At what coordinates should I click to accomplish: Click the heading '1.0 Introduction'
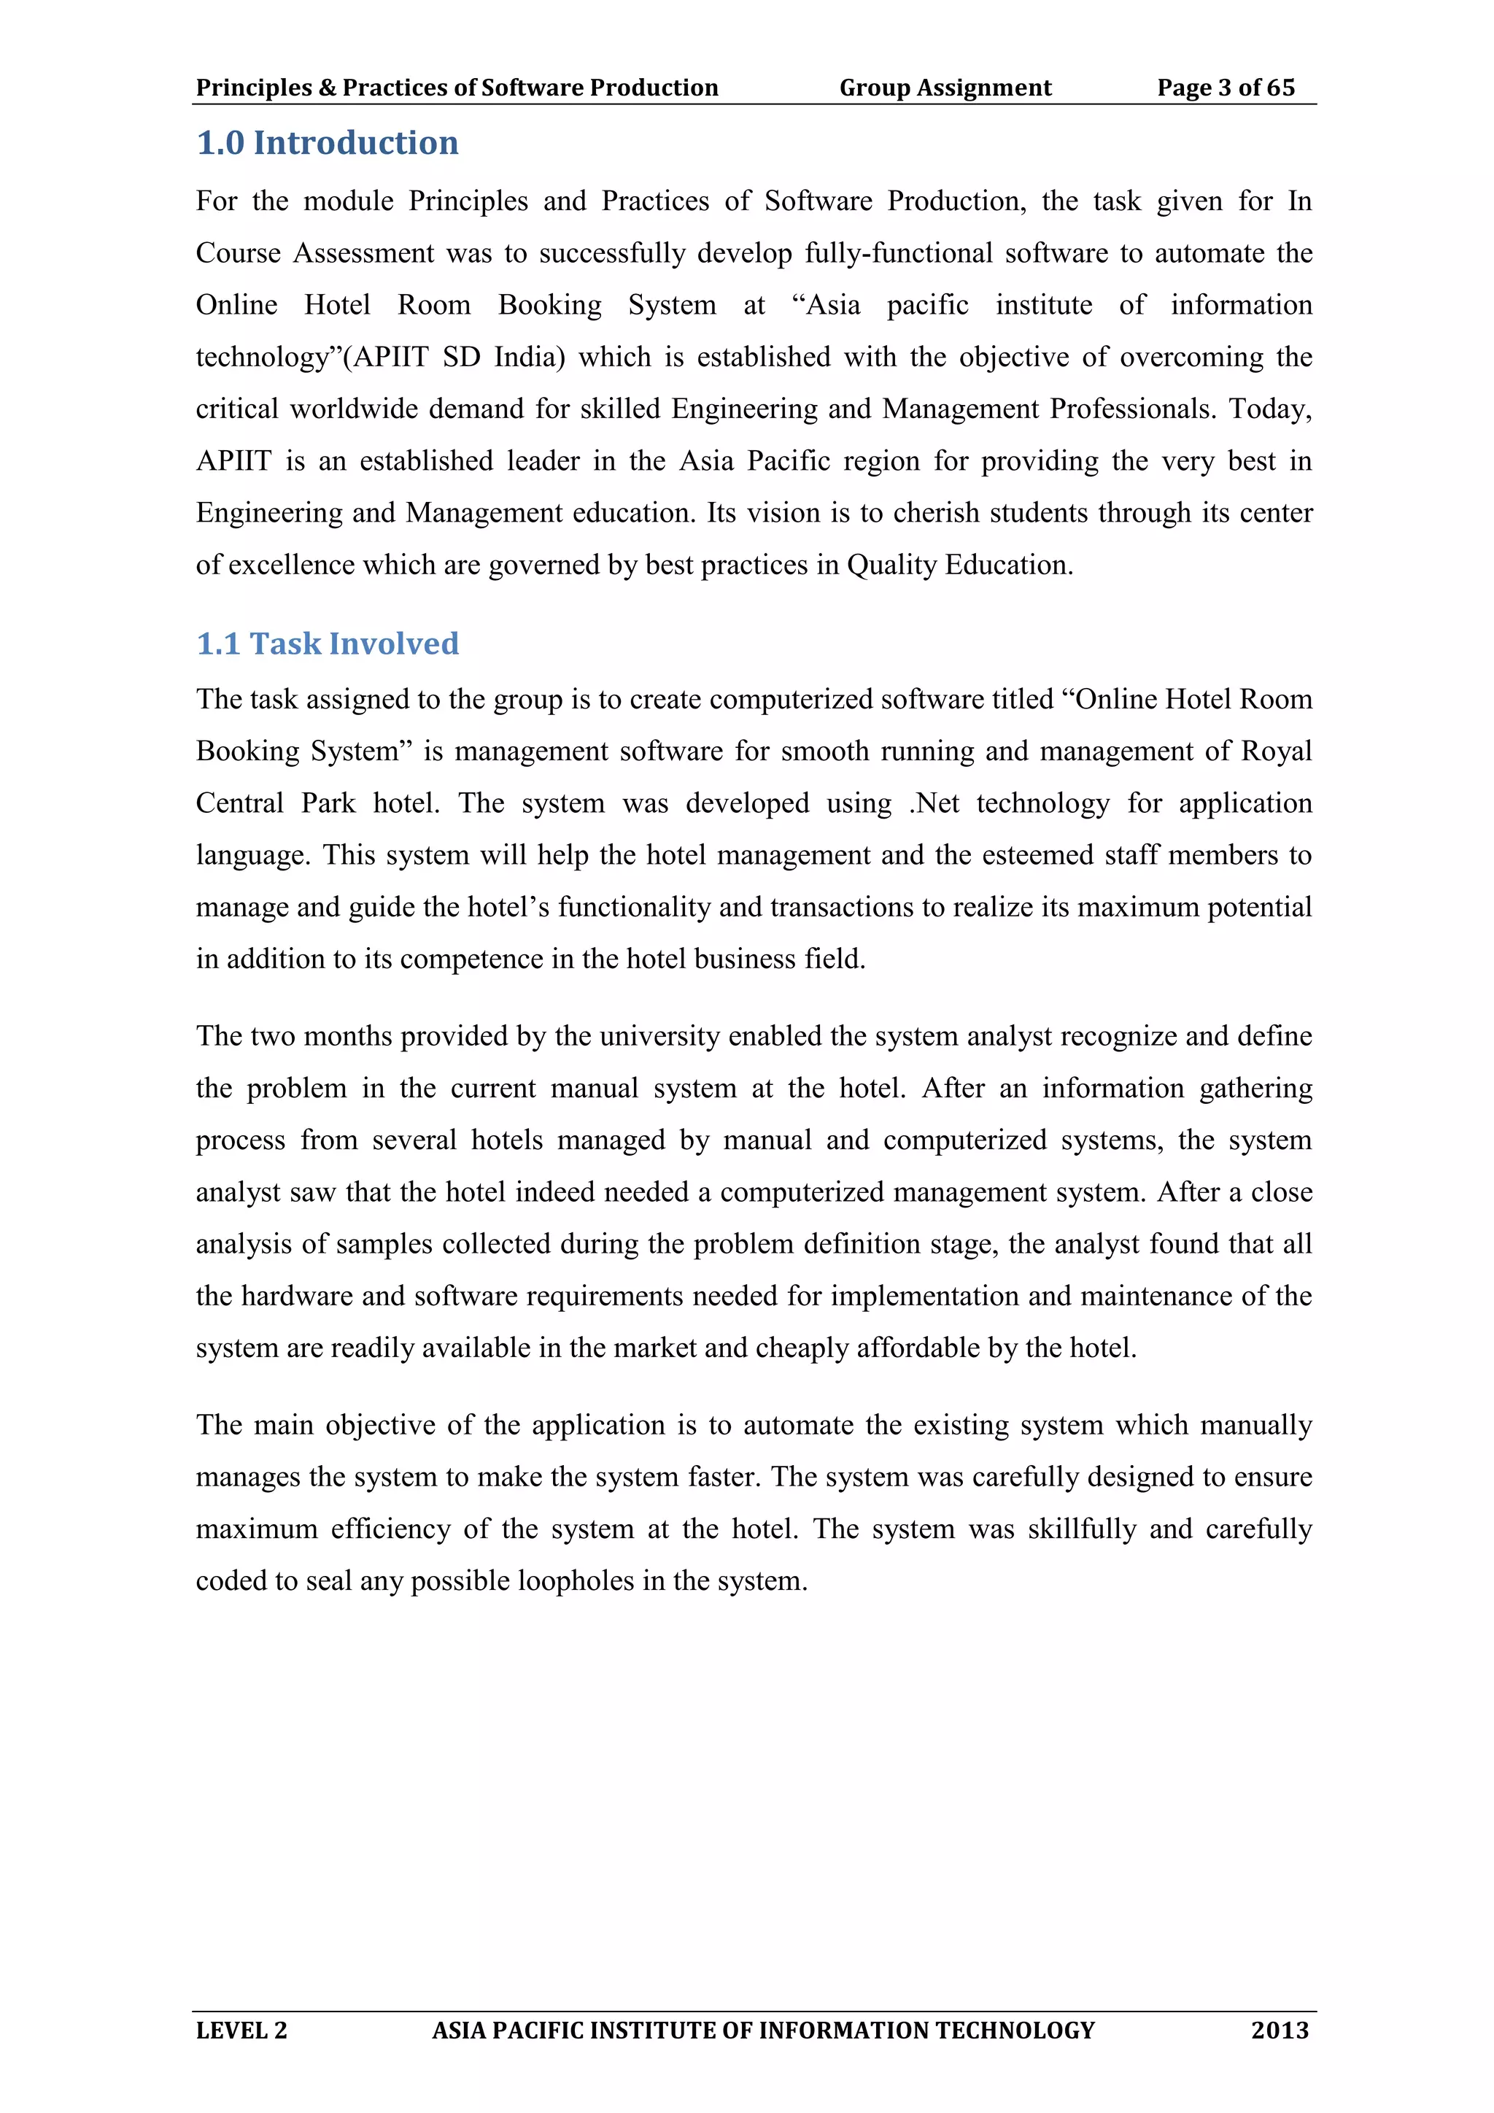327,144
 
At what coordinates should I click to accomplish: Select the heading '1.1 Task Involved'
327,644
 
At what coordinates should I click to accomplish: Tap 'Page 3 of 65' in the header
1226,88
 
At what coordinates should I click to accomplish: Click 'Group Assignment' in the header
945,88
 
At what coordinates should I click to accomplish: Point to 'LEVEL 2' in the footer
241,2030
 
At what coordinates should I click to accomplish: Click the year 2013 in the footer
1279,2030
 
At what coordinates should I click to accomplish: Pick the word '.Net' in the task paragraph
934,803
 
